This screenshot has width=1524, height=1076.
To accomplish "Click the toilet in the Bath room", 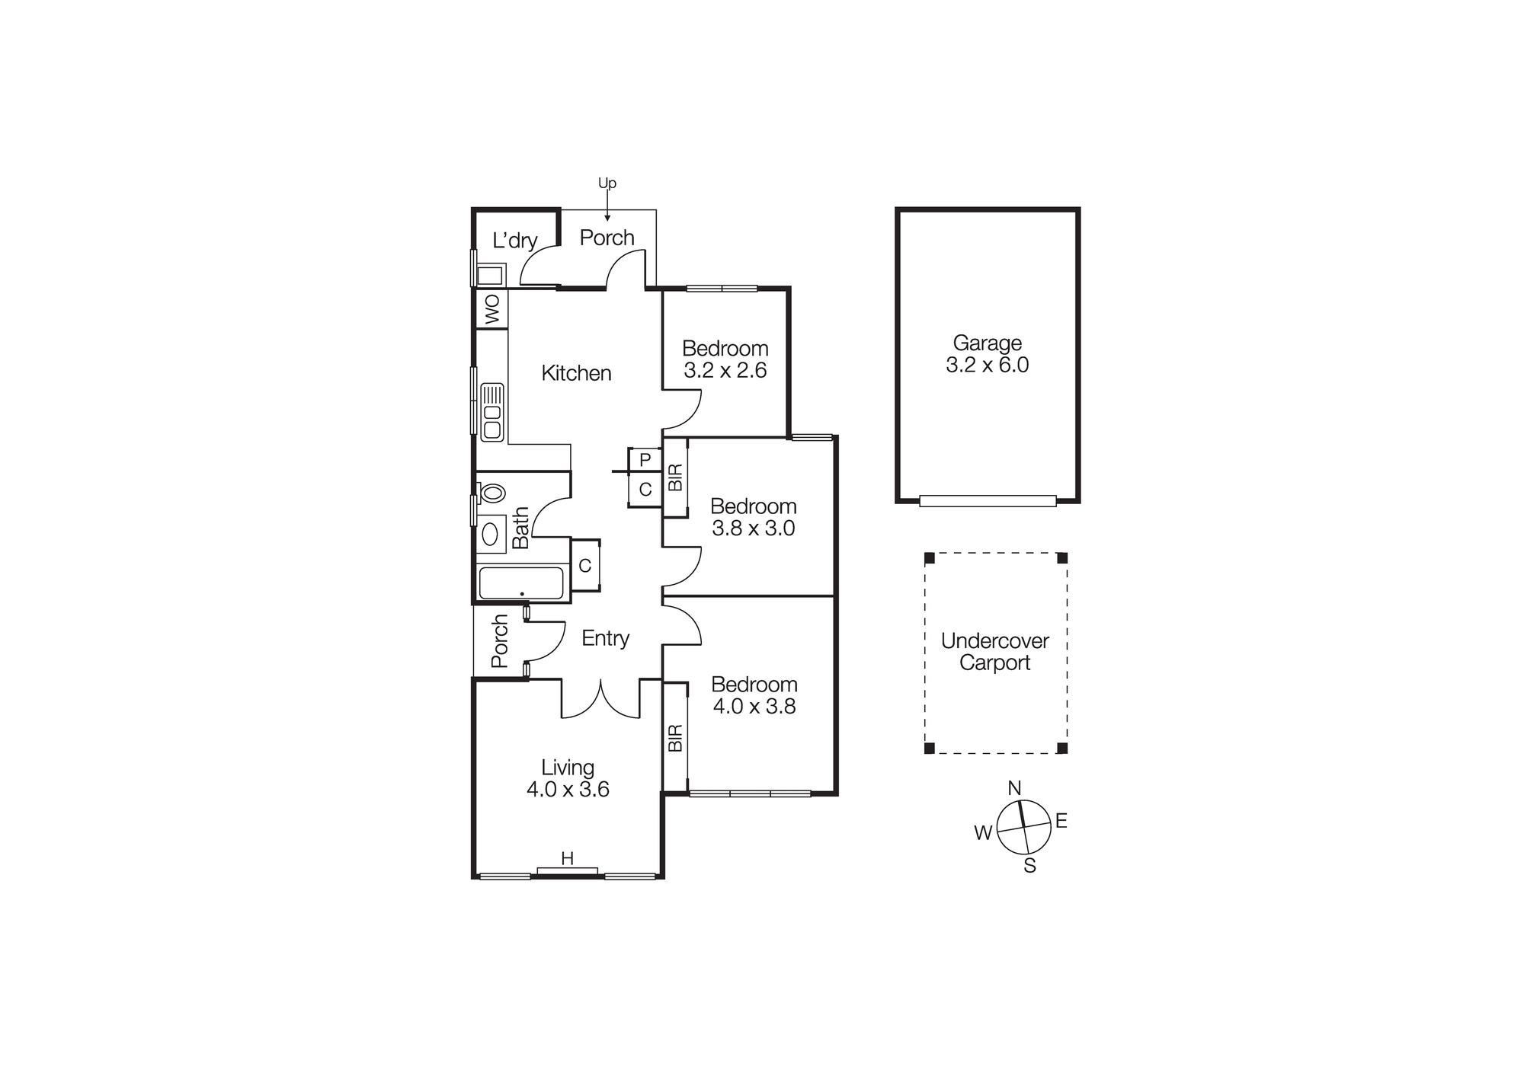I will (492, 493).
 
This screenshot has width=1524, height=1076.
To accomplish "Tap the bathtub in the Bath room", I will (521, 583).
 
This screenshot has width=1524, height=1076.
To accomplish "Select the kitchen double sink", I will (492, 412).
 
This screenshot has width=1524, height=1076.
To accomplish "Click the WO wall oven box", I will (491, 309).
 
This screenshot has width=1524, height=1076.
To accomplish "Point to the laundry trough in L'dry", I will (490, 275).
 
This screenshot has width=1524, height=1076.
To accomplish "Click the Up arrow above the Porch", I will (607, 205).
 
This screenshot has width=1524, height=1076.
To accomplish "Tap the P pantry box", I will (645, 460).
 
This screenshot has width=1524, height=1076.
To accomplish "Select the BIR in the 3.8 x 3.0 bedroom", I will (675, 477).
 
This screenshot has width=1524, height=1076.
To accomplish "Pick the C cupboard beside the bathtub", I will (585, 566).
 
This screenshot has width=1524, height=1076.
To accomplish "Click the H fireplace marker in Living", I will (567, 859).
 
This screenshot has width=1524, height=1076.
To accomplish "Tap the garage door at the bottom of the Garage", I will (988, 500).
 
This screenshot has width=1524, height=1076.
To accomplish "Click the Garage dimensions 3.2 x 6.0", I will (987, 366).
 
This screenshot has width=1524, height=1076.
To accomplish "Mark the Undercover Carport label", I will (994, 652).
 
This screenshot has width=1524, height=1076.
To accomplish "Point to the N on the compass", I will (1014, 788).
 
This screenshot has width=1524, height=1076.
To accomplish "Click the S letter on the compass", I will (1029, 866).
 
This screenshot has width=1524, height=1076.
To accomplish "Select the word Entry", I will (605, 638).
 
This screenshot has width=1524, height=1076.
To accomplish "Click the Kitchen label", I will (576, 373).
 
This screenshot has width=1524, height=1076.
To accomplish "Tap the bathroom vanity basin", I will (491, 533).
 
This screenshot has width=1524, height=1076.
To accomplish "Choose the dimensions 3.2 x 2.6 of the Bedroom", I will (725, 371).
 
